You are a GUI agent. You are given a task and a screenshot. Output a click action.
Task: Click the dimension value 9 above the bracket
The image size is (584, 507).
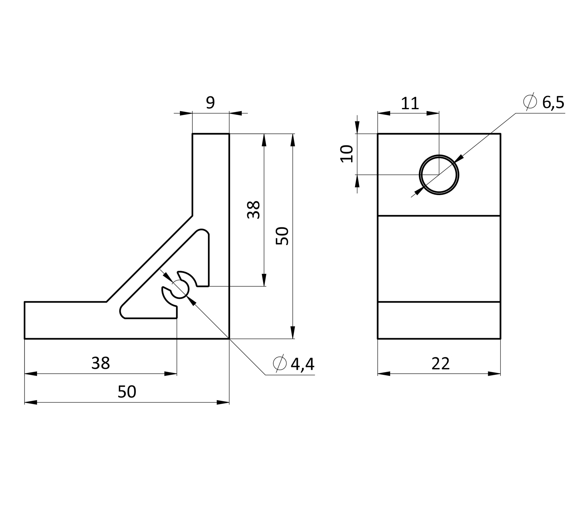(x=211, y=102)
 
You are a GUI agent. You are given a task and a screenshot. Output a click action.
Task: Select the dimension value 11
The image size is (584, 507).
(x=410, y=103)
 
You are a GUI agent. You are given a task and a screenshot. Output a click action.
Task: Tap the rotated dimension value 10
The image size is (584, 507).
(x=347, y=154)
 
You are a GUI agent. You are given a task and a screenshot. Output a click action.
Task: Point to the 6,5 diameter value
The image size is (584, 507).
(x=553, y=103)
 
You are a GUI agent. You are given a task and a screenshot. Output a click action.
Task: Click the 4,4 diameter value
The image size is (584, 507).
(x=302, y=364)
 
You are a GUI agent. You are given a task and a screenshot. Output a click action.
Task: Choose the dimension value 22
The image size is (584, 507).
(x=440, y=364)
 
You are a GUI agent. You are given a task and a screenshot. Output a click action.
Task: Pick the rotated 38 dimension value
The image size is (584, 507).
(x=253, y=210)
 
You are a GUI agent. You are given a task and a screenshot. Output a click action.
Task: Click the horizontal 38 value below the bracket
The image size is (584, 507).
(x=100, y=363)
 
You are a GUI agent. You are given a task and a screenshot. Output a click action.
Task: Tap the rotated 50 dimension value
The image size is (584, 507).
(x=282, y=236)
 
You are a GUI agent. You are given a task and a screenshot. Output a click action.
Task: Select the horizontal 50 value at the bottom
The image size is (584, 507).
(x=127, y=392)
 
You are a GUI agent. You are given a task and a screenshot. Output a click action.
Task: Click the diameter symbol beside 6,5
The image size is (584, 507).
(x=530, y=102)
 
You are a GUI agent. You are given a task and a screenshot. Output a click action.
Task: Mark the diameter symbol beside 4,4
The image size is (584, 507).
(x=280, y=363)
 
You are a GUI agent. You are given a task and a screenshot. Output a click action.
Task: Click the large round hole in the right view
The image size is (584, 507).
(x=439, y=175)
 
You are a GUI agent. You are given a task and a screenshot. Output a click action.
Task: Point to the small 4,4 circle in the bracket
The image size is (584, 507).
(x=180, y=289)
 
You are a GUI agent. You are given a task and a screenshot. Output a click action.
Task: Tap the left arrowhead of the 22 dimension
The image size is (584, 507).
(x=384, y=374)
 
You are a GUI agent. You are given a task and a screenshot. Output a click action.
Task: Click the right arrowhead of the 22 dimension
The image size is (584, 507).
(x=494, y=374)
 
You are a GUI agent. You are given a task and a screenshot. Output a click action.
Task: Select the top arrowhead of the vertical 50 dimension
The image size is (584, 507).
(x=293, y=140)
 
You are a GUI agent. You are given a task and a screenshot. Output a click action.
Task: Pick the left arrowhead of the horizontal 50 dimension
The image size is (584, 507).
(x=31, y=402)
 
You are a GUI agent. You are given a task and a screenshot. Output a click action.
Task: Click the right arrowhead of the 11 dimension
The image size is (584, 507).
(x=433, y=113)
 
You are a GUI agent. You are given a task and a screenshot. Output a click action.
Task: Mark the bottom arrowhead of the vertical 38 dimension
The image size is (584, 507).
(x=264, y=280)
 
